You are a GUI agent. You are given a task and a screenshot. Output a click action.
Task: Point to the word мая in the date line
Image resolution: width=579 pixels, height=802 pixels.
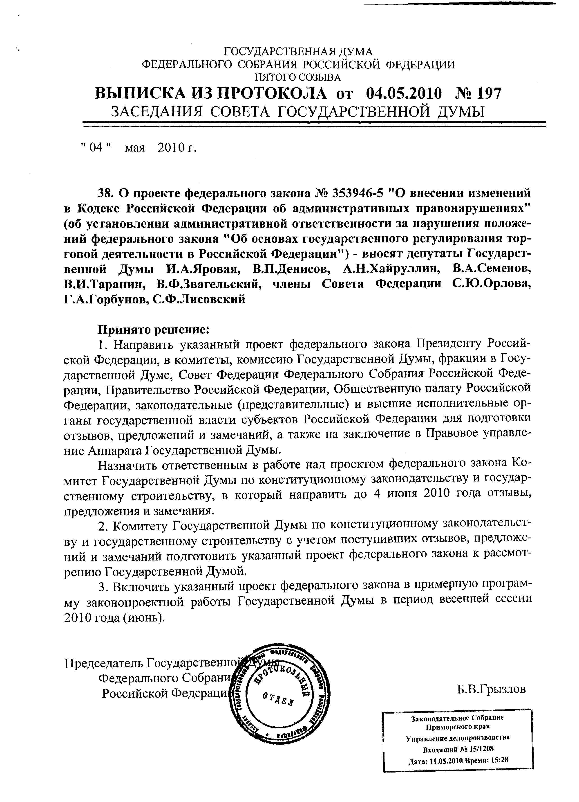coord(135,147)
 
